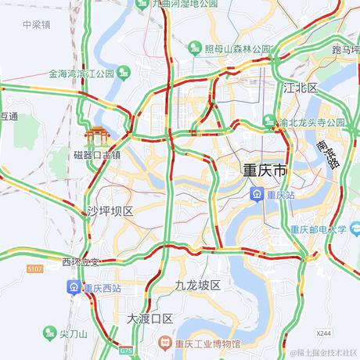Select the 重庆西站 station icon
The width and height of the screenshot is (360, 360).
[73, 287]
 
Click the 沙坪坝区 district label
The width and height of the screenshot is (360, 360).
[110, 211]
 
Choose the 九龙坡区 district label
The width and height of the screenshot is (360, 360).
[199, 286]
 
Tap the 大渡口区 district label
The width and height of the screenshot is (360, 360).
[149, 319]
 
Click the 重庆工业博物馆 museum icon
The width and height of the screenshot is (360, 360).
[165, 344]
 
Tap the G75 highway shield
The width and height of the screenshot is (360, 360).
[126, 351]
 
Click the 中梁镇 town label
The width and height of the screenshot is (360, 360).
[36, 24]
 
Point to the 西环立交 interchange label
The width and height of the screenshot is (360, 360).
[81, 261]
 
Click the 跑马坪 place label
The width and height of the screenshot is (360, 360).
[344, 49]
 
